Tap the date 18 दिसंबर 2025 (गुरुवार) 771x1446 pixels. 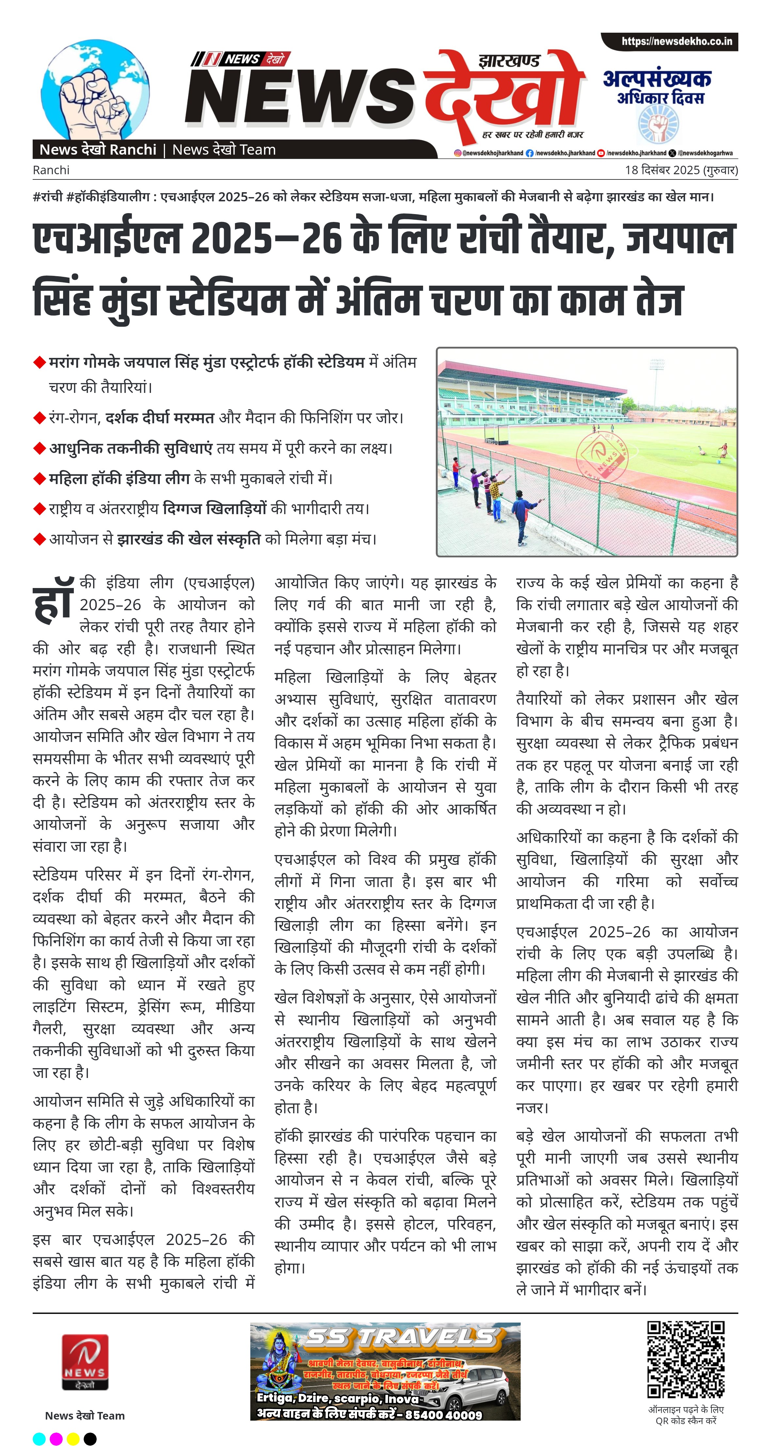click(681, 170)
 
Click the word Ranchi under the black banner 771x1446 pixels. click(51, 170)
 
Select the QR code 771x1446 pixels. click(686, 1359)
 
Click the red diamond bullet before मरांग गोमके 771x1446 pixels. click(39, 362)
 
